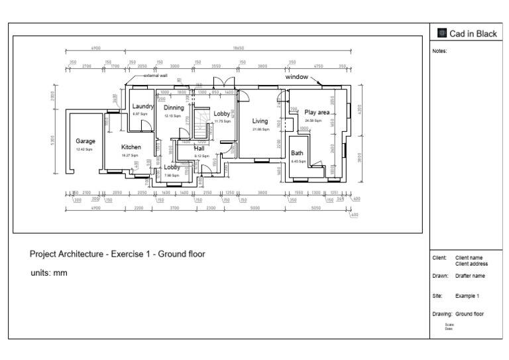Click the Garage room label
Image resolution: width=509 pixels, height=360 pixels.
[85, 141]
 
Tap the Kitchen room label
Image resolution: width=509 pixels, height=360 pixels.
[131, 147]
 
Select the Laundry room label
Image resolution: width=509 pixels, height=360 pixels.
[142, 106]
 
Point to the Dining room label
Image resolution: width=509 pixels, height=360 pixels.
[174, 107]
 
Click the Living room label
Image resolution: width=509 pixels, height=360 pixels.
[260, 121]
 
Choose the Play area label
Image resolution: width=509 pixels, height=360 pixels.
[317, 113]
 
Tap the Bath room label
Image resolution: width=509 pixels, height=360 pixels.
[298, 153]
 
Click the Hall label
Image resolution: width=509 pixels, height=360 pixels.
[199, 149]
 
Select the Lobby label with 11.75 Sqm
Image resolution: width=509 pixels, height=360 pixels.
[221, 113]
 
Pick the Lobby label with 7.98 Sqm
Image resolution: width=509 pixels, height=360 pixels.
[172, 167]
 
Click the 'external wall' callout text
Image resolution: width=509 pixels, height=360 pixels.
[155, 76]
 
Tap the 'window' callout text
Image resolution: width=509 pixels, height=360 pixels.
[296, 77]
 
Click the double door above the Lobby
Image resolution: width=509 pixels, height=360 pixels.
[220, 84]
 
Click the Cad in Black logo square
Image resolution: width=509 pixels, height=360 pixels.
[443, 34]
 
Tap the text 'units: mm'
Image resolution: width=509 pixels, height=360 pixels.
[48, 272]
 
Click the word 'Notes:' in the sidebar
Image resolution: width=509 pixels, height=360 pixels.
[439, 50]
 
